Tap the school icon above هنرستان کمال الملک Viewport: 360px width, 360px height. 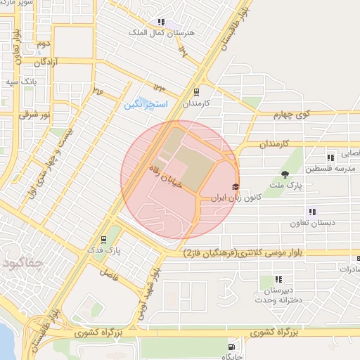point(162,22)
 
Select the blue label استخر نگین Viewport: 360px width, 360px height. point(146,104)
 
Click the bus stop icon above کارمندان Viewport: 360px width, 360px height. point(197,91)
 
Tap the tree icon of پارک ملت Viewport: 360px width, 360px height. point(285,174)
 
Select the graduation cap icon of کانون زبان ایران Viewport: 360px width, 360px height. point(235,187)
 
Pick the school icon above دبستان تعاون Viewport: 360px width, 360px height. point(312,212)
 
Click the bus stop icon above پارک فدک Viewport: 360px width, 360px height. point(104,239)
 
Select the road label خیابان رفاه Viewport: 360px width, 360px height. point(166,174)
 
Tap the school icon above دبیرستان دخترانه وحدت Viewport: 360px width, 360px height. point(279,279)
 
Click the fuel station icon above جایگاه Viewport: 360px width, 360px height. point(232,347)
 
